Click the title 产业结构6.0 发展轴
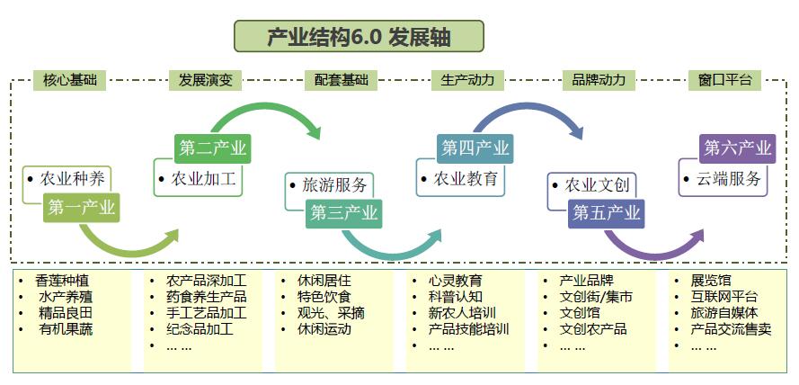[359, 36]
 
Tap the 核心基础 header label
[68, 80]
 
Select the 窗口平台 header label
[724, 80]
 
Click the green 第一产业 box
[81, 208]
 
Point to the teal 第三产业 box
[343, 213]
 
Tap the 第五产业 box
[607, 213]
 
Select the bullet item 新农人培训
[461, 313]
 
